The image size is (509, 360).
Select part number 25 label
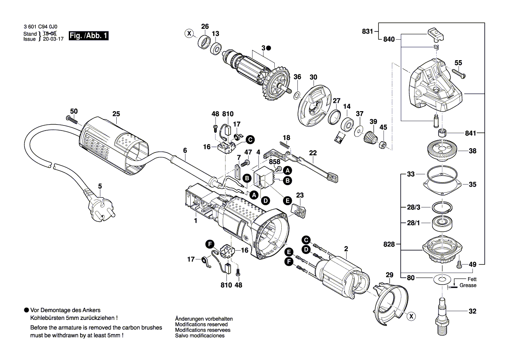coord(115,114)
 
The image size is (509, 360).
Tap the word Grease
coord(468,285)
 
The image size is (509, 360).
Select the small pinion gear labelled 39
coord(370,139)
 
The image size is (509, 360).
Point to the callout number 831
coord(367,31)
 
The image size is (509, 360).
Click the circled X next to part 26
coord(189,34)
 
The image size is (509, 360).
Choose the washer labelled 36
coord(297,95)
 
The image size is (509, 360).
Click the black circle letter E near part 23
coord(287,200)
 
